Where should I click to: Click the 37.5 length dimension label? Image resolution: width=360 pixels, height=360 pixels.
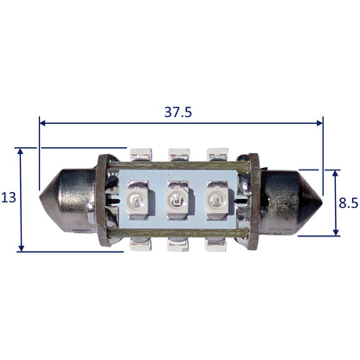178,112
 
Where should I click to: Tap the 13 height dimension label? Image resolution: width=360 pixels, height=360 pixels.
9,197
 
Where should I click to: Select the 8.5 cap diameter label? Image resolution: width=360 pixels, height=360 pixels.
348,202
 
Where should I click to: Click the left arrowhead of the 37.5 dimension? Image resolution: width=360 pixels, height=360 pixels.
42,123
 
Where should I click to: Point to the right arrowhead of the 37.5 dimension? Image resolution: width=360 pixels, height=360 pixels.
319,123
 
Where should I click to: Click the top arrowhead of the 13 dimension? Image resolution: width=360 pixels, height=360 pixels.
21,151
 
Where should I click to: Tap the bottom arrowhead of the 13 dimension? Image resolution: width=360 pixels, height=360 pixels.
21,248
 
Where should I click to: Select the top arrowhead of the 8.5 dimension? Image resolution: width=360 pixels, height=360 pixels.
335,173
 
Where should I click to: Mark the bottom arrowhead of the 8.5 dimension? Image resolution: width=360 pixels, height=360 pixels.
336,232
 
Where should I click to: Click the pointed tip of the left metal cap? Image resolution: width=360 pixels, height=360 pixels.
40,198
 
